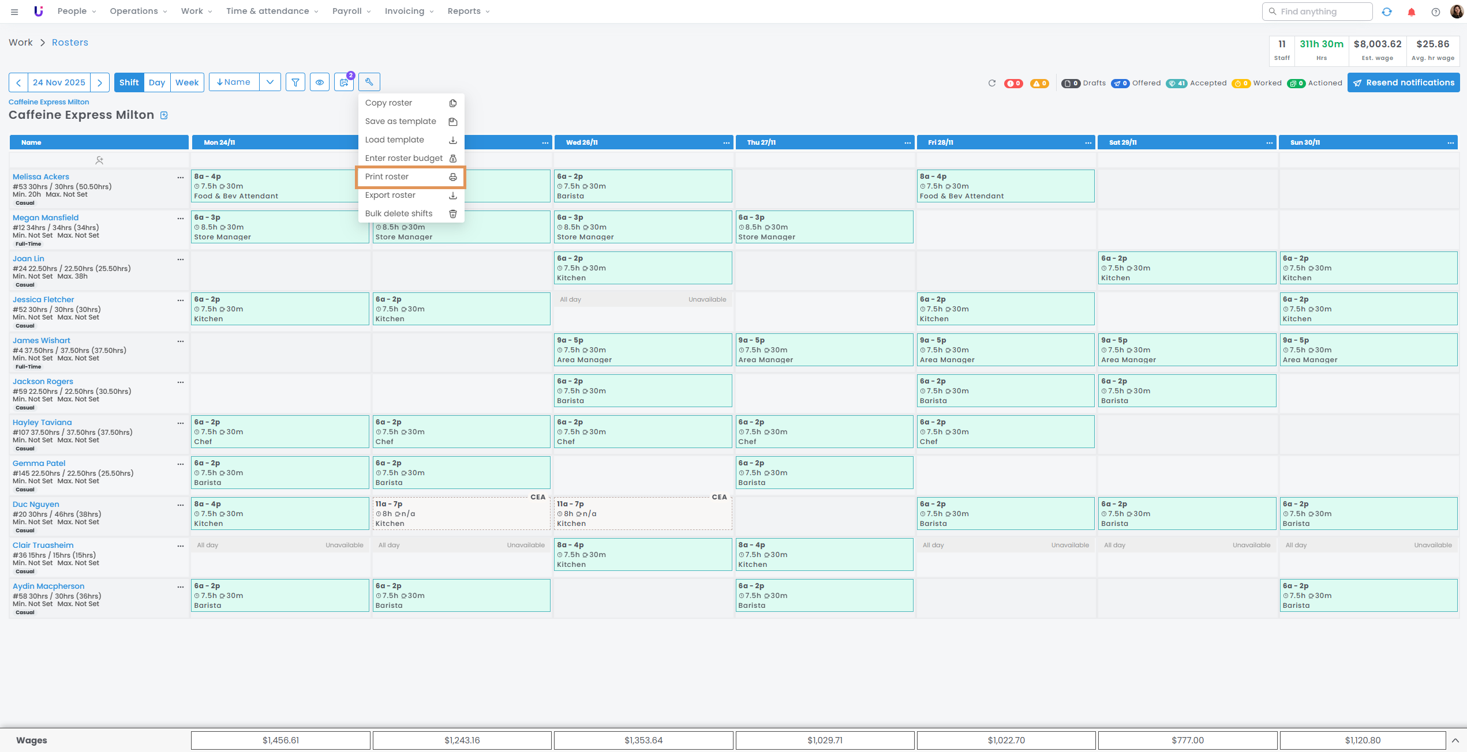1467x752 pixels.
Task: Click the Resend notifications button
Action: (x=1403, y=83)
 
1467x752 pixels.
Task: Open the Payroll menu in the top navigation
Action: (x=351, y=12)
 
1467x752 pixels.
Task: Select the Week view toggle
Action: (x=187, y=82)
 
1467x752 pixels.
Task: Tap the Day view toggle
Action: (x=156, y=82)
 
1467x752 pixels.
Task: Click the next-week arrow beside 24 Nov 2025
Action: (x=100, y=82)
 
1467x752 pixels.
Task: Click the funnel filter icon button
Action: (x=295, y=82)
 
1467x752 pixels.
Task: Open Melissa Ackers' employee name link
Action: (x=41, y=177)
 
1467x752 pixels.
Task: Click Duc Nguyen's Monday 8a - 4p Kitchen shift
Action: (x=280, y=514)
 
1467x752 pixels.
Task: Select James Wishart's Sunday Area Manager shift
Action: (x=1367, y=350)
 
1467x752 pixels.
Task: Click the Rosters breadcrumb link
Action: (x=70, y=43)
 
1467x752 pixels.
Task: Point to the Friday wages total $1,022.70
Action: (x=1006, y=740)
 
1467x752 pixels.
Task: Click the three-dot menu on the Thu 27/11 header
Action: (x=907, y=143)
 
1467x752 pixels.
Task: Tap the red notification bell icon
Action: (x=1412, y=12)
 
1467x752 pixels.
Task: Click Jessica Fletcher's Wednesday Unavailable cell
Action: (x=642, y=300)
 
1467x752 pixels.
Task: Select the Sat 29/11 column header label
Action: (x=1122, y=142)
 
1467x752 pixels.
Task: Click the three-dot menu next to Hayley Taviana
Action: (x=181, y=423)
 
